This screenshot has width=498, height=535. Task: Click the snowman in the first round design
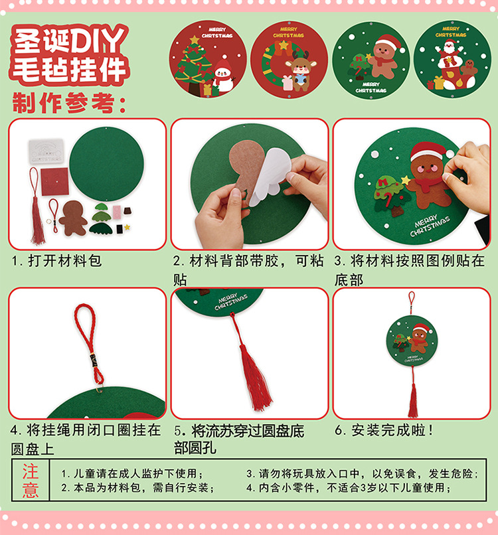tap(223, 76)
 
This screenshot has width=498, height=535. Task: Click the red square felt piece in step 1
tap(54, 181)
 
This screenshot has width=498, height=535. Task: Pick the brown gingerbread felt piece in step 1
tap(72, 218)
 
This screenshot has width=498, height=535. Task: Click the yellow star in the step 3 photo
tap(406, 179)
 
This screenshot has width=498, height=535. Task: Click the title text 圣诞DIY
tap(69, 40)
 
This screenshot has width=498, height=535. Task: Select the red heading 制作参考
tap(69, 103)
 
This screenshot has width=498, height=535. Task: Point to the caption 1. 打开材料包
tap(56, 261)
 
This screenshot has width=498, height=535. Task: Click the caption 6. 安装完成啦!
tap(384, 430)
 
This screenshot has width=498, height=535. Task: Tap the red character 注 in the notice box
tap(31, 471)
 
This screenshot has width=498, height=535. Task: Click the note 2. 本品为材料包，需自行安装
tap(138, 488)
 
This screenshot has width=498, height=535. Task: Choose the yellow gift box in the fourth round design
tap(439, 83)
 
